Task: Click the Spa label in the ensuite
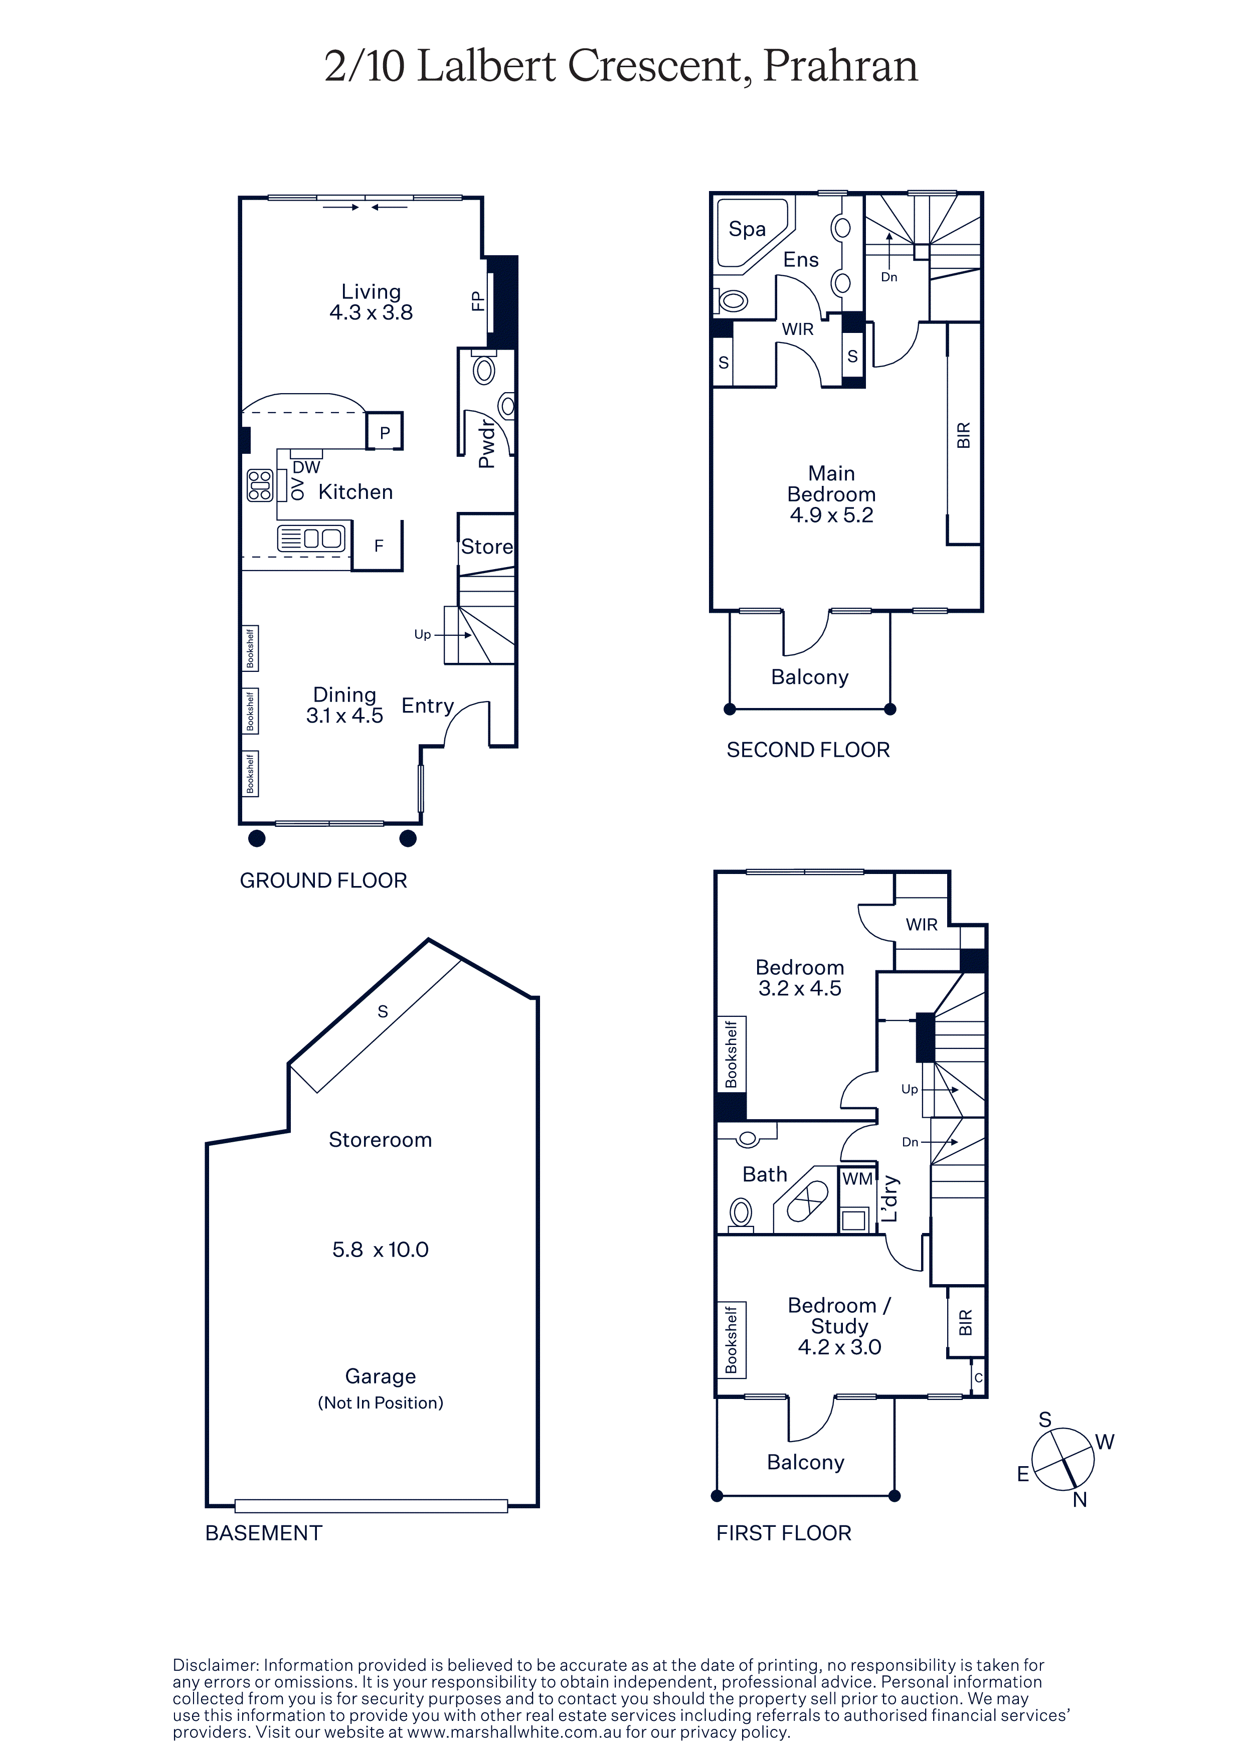pyautogui.click(x=747, y=229)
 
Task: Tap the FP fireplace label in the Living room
pyautogui.click(x=478, y=301)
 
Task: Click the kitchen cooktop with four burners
pyautogui.click(x=260, y=485)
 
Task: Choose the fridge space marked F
pyautogui.click(x=379, y=546)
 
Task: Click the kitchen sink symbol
pyautogui.click(x=311, y=538)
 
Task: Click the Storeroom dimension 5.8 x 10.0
pyautogui.click(x=380, y=1250)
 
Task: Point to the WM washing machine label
pyautogui.click(x=857, y=1179)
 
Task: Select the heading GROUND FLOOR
pyautogui.click(x=323, y=881)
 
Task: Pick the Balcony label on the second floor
pyautogui.click(x=809, y=677)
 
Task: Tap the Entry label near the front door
pyautogui.click(x=427, y=706)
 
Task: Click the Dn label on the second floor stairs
pyautogui.click(x=889, y=277)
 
